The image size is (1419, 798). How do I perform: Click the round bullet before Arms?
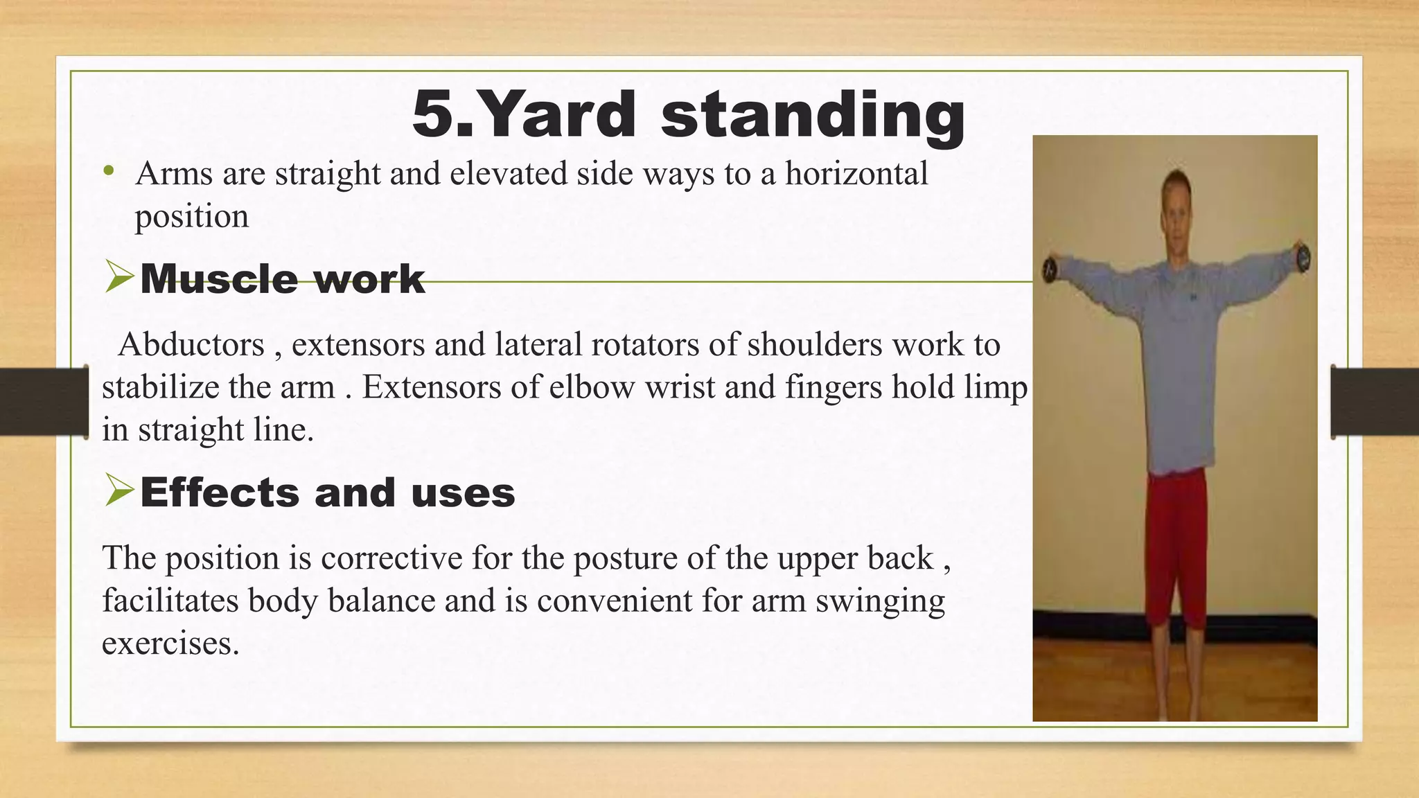(107, 170)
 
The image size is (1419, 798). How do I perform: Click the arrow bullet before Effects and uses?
(119, 492)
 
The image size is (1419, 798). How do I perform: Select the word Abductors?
(191, 344)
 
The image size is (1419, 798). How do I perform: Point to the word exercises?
(170, 644)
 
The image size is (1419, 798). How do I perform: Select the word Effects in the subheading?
(220, 493)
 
